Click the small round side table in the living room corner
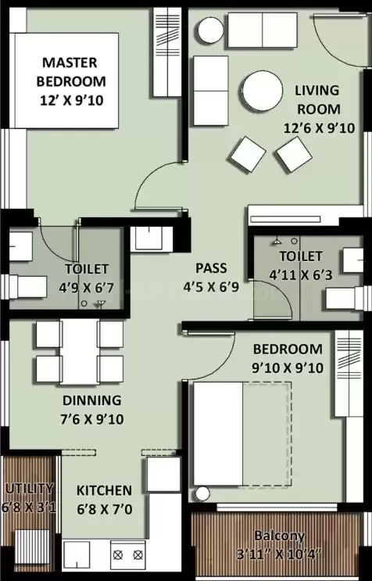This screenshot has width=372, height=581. pyautogui.click(x=211, y=30)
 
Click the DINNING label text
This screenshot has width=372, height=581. pyautogui.click(x=92, y=400)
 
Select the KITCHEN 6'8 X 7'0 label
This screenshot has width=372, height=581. pyautogui.click(x=103, y=499)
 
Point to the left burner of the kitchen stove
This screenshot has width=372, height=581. pyautogui.click(x=120, y=555)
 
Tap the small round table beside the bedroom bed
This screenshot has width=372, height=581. pyautogui.click(x=203, y=494)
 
